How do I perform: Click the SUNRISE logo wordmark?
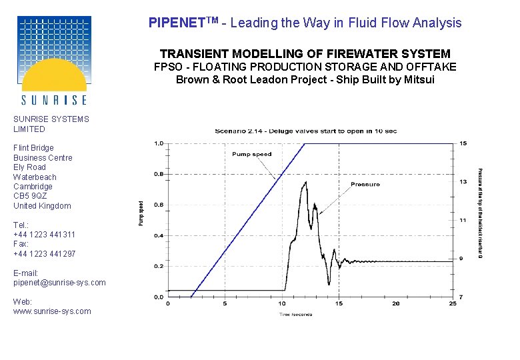click(x=54, y=100)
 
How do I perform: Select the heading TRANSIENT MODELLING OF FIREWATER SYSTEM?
click(x=305, y=53)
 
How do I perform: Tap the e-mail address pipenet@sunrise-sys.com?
click(x=59, y=283)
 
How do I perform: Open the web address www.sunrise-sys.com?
click(x=52, y=311)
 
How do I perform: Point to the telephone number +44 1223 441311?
click(x=44, y=235)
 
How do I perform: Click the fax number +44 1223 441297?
click(x=44, y=254)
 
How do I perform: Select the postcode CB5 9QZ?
click(x=30, y=196)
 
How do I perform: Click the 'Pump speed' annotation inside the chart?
click(x=251, y=154)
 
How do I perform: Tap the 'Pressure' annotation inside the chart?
click(x=365, y=184)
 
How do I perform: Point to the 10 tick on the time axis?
click(x=282, y=303)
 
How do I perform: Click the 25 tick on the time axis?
click(x=453, y=303)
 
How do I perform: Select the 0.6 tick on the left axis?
click(x=159, y=205)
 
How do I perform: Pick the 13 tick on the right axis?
click(x=463, y=182)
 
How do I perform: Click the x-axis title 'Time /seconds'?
click(x=295, y=314)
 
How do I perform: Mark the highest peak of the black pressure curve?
click(x=305, y=182)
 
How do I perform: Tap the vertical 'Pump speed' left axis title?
click(x=141, y=213)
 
